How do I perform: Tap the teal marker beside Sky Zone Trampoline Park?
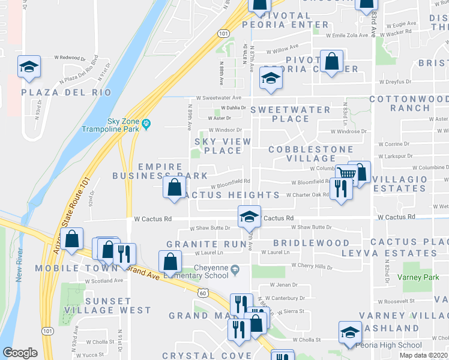146,125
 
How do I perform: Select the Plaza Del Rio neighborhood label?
66,92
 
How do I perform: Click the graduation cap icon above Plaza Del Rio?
28,68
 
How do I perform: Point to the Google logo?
20,353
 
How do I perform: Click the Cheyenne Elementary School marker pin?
236,269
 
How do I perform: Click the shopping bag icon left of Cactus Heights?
173,187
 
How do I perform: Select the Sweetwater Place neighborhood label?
291,115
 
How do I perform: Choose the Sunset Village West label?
118,305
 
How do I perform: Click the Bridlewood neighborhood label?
311,243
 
